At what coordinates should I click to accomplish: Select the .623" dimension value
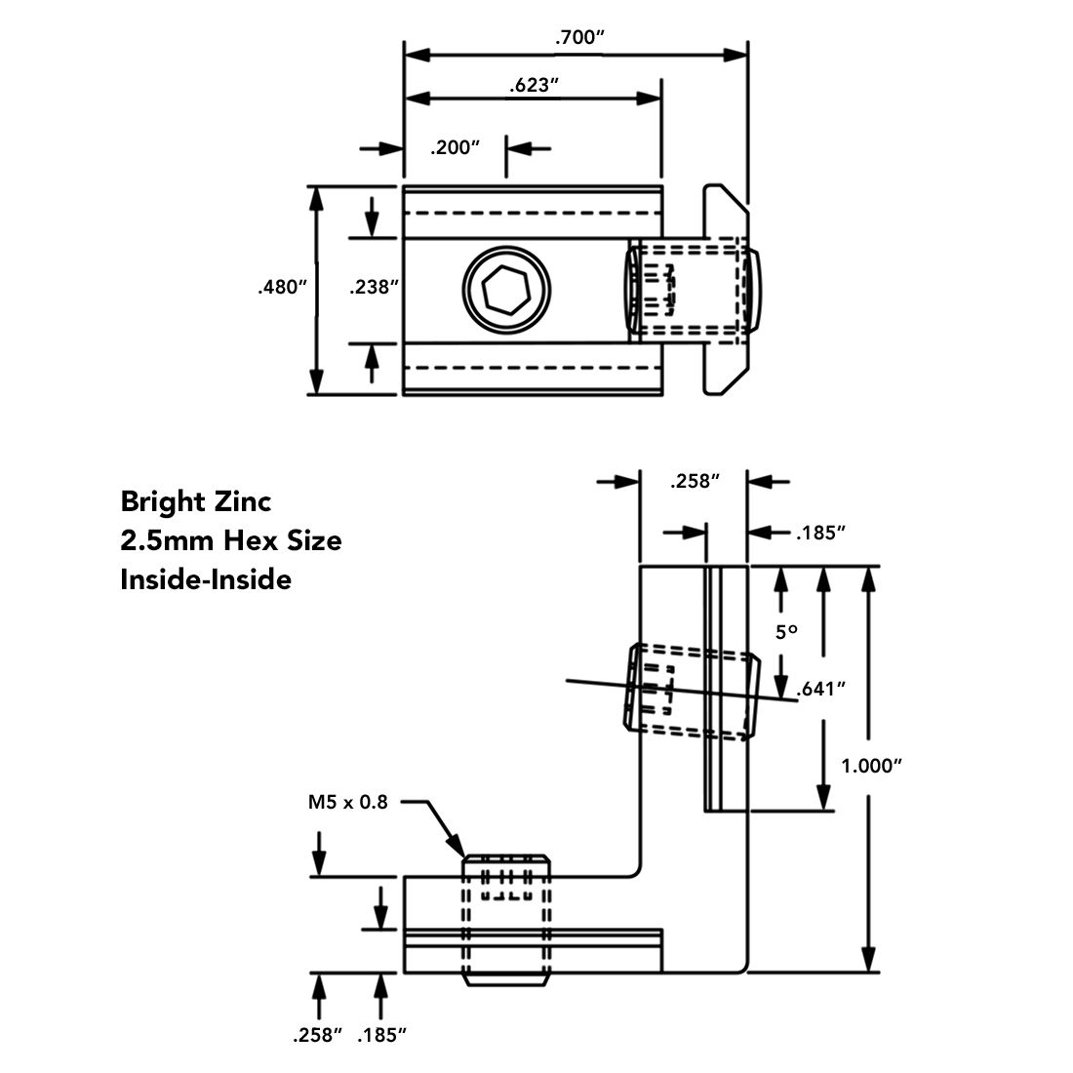coord(533,85)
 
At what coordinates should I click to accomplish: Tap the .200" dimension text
coord(457,148)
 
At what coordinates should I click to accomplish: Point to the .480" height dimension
coord(282,287)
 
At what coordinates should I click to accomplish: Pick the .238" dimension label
coord(376,287)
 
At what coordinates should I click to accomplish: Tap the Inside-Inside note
coord(206,579)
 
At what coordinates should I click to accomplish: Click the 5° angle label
coord(786,632)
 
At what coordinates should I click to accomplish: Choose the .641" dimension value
coord(819,690)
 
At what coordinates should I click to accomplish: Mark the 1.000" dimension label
coord(869,766)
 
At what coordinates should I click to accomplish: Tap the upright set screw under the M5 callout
coord(505,917)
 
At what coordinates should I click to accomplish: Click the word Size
coord(314,540)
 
